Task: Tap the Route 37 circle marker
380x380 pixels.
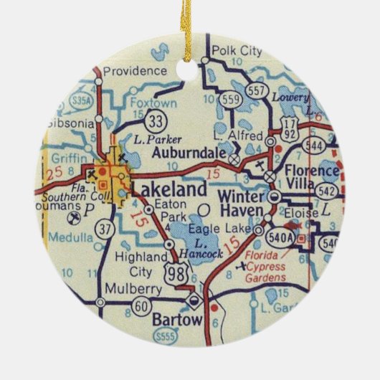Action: [x=105, y=229]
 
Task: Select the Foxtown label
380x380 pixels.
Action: [x=149, y=102]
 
